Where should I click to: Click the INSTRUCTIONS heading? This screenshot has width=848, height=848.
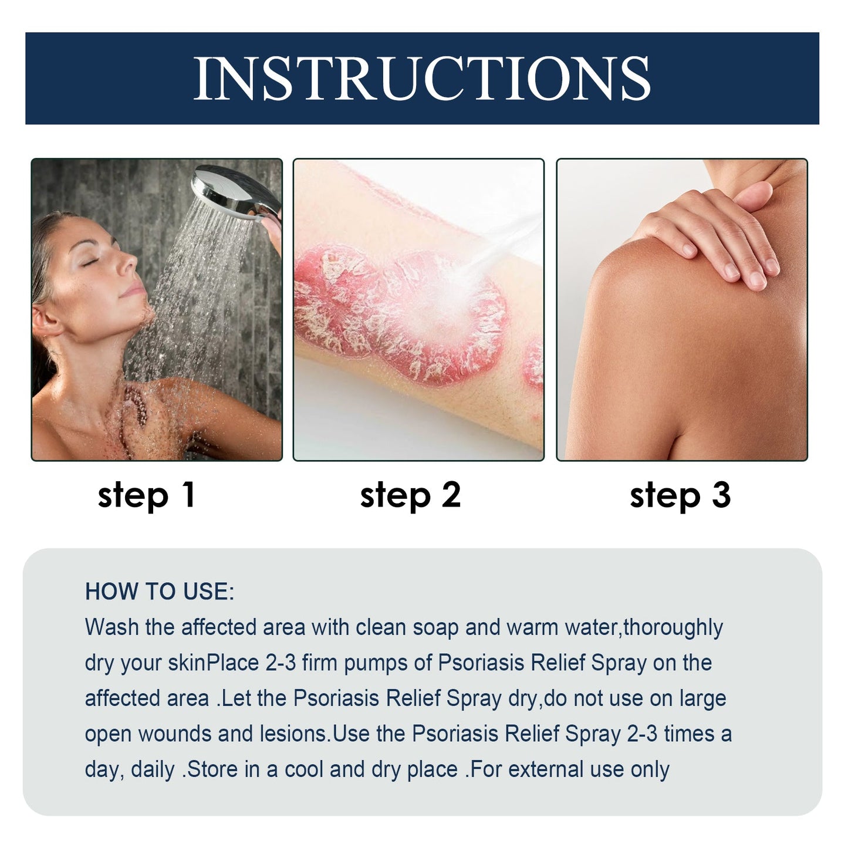422,78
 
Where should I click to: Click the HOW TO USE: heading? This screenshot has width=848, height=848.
159,592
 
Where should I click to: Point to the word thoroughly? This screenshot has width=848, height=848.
673,627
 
